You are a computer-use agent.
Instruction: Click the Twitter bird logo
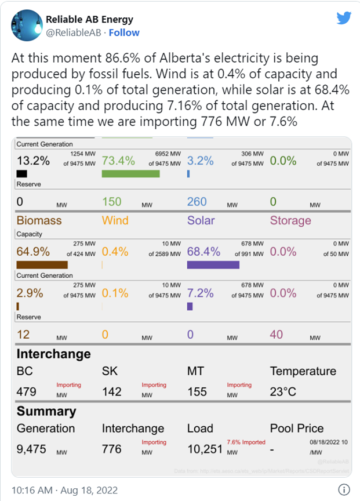point(344,18)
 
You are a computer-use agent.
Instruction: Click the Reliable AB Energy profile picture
point(27,26)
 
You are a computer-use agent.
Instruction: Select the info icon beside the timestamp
point(343,488)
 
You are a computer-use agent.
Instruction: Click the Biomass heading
point(39,220)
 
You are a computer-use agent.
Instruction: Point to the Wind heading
point(115,220)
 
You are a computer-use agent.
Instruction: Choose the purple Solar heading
point(201,220)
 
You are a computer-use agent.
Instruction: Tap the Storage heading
point(290,220)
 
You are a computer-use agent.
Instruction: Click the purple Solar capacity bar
point(213,265)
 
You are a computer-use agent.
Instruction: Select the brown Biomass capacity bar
point(42,265)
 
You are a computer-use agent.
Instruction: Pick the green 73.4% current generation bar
point(130,174)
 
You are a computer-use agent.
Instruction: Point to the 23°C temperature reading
point(283,391)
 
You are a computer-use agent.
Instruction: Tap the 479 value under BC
point(27,391)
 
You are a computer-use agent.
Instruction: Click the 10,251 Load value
point(205,449)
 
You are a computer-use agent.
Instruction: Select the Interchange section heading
point(53,354)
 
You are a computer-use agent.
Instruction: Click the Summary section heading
point(46,411)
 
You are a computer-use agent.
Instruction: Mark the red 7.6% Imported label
point(246,442)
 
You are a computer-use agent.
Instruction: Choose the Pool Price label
point(297,429)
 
